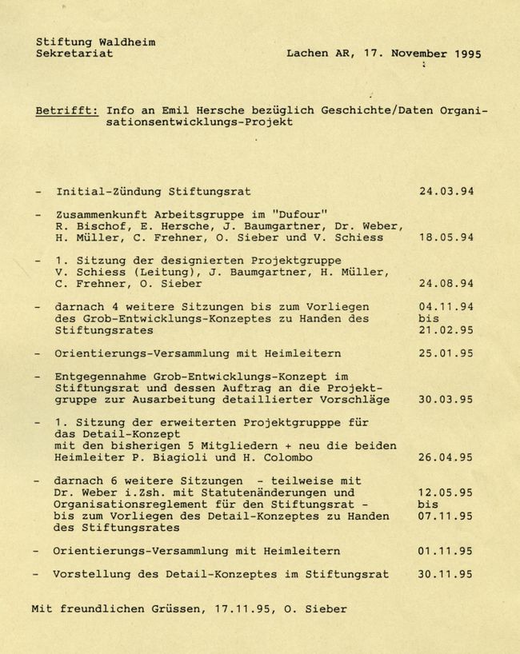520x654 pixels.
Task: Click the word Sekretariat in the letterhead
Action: [x=74, y=54]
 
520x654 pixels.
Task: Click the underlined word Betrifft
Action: [x=66, y=110]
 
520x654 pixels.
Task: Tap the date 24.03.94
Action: [x=446, y=192]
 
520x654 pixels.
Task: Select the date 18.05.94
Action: [x=446, y=237]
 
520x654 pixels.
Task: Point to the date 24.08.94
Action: [x=446, y=283]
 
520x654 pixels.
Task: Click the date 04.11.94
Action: [x=446, y=307]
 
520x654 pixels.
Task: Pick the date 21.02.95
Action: [x=446, y=329]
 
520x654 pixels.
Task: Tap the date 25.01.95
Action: [x=446, y=353]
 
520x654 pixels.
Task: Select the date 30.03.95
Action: [x=446, y=399]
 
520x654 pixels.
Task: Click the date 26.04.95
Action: [x=446, y=458]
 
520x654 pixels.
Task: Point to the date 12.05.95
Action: [x=446, y=493]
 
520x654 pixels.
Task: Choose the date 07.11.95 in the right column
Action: [x=446, y=516]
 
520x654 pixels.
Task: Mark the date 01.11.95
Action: [x=446, y=551]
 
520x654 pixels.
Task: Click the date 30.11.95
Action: [x=446, y=574]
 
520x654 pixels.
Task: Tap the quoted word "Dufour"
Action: [x=298, y=214]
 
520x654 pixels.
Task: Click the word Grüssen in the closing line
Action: [x=176, y=609]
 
